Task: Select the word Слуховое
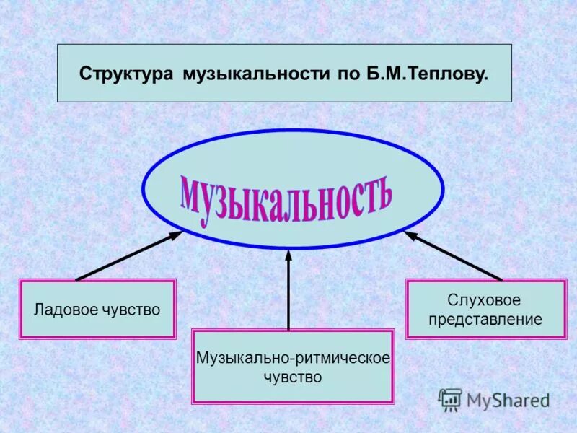[485, 299]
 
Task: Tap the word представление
[485, 319]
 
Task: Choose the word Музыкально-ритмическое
[293, 358]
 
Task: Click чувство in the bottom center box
[293, 377]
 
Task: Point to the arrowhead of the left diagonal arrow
[176, 234]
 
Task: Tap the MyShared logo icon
[450, 399]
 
